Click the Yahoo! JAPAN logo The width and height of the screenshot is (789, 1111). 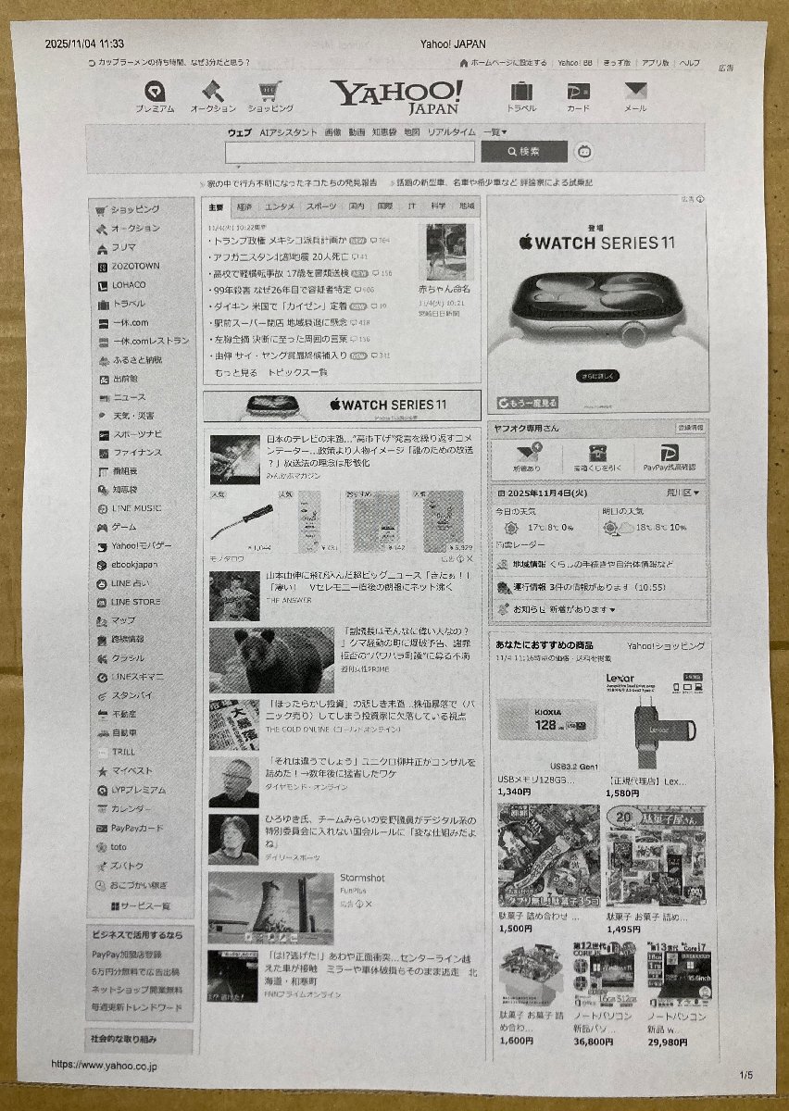point(396,95)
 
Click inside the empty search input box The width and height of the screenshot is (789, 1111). point(349,152)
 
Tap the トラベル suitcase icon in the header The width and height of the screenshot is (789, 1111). point(521,93)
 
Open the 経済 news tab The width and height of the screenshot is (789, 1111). point(244,206)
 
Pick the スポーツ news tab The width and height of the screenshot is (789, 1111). point(321,206)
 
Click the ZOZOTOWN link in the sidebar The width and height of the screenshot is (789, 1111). point(134,266)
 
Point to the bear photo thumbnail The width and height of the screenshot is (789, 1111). point(270,660)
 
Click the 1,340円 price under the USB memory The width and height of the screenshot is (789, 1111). point(514,793)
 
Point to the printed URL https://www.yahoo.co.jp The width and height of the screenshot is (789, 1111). point(104,1066)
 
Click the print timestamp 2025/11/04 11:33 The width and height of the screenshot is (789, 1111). point(84,44)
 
